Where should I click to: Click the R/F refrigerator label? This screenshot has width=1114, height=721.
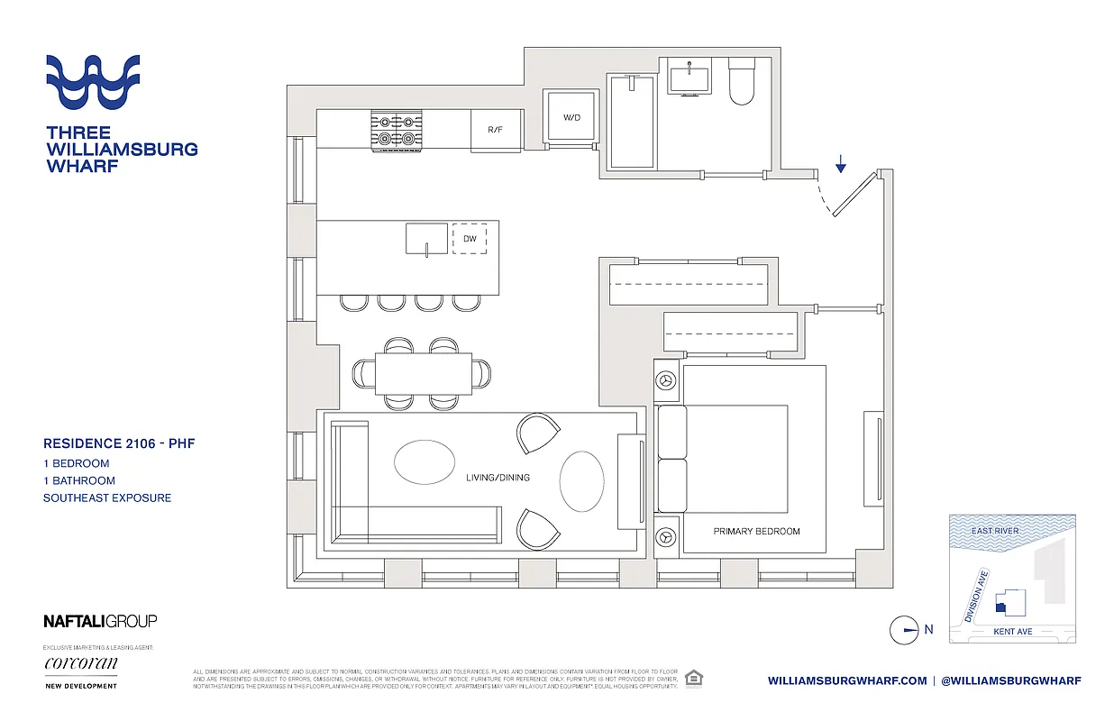(495, 131)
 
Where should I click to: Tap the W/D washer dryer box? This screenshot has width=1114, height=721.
(571, 118)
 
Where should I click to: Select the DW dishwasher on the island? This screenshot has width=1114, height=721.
(470, 239)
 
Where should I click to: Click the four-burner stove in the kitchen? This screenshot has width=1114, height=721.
(397, 129)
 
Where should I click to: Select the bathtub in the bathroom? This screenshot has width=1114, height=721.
(632, 122)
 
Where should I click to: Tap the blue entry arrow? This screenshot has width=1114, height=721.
(840, 163)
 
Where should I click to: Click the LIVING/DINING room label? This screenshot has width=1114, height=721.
(498, 478)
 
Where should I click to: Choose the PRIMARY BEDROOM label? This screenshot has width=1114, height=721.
(756, 532)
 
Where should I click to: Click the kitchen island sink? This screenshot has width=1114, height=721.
(425, 240)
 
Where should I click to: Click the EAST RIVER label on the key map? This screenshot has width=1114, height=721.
(994, 531)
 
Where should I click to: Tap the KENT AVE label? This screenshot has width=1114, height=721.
(1012, 632)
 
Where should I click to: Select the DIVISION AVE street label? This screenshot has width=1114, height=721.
(976, 596)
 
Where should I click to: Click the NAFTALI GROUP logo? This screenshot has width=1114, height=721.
(100, 621)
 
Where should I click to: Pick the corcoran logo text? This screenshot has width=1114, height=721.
(80, 664)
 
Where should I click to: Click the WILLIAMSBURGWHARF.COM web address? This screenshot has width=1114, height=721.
(847, 681)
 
